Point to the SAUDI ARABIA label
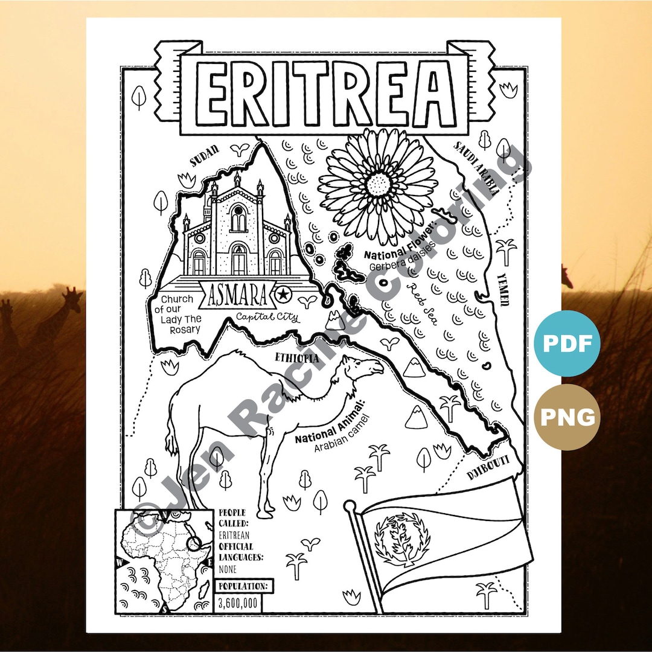click(477, 169)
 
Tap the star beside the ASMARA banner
click(282, 295)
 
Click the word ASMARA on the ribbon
click(237, 295)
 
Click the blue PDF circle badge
click(567, 344)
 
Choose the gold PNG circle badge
click(567, 417)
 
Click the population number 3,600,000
click(238, 601)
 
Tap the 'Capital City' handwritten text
click(267, 317)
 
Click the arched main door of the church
click(239, 260)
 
